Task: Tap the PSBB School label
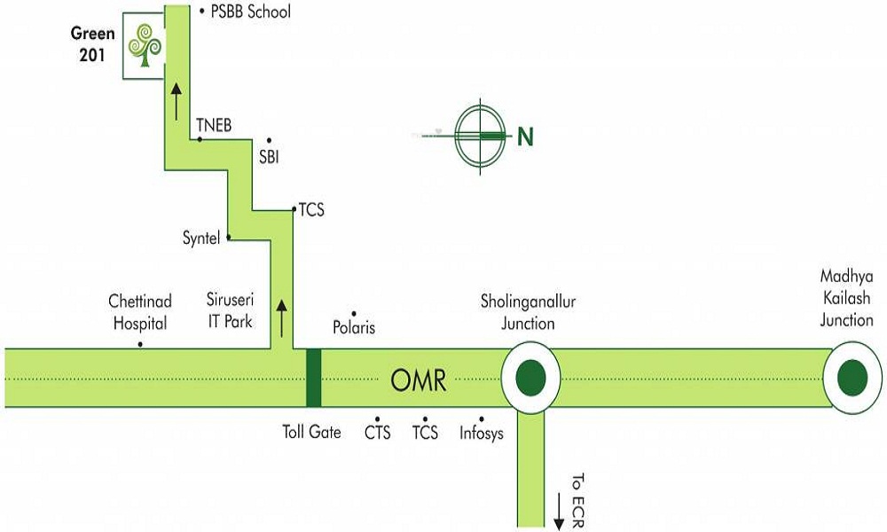(x=250, y=12)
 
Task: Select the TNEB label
(x=214, y=126)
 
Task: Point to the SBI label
(x=269, y=157)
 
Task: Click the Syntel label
(x=200, y=238)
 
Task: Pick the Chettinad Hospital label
(x=140, y=312)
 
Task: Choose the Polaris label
(x=353, y=328)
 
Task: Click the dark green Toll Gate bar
(x=313, y=378)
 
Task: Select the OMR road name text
(x=419, y=382)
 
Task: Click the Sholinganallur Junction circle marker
(x=530, y=378)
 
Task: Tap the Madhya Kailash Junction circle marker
(x=852, y=378)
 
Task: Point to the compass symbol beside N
(x=480, y=136)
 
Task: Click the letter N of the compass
(x=526, y=137)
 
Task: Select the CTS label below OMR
(x=378, y=434)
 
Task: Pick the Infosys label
(x=482, y=434)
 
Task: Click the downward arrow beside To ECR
(x=559, y=514)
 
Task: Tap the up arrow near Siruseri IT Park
(x=283, y=316)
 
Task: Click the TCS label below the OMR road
(x=425, y=434)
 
